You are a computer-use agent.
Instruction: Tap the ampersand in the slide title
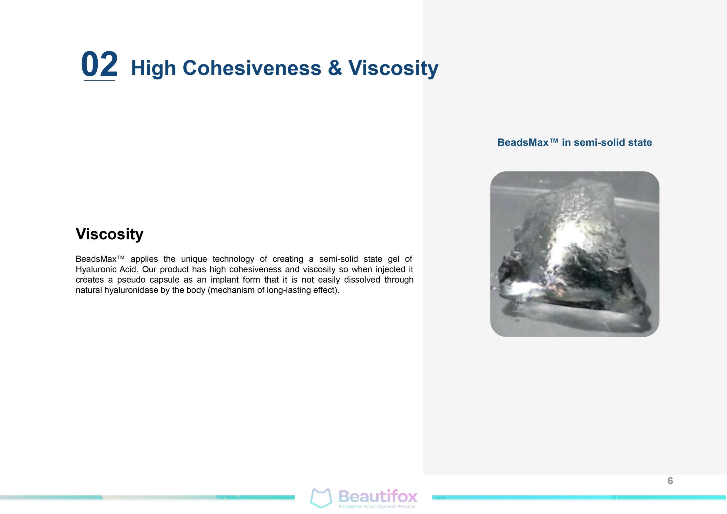[335, 68]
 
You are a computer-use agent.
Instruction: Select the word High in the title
[153, 68]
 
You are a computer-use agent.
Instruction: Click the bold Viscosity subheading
[110, 234]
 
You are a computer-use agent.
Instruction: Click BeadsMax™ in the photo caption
[527, 142]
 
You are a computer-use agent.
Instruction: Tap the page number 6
[670, 481]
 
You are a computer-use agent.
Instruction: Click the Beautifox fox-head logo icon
[321, 498]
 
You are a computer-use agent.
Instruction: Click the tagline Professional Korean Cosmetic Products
[377, 506]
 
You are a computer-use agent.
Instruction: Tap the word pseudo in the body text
[131, 280]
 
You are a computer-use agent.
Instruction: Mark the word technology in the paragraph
[233, 259]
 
